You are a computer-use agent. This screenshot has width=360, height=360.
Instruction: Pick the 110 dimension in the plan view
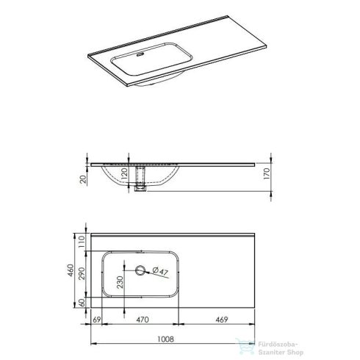84,240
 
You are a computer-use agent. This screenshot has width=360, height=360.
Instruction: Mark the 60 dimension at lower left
84,301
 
